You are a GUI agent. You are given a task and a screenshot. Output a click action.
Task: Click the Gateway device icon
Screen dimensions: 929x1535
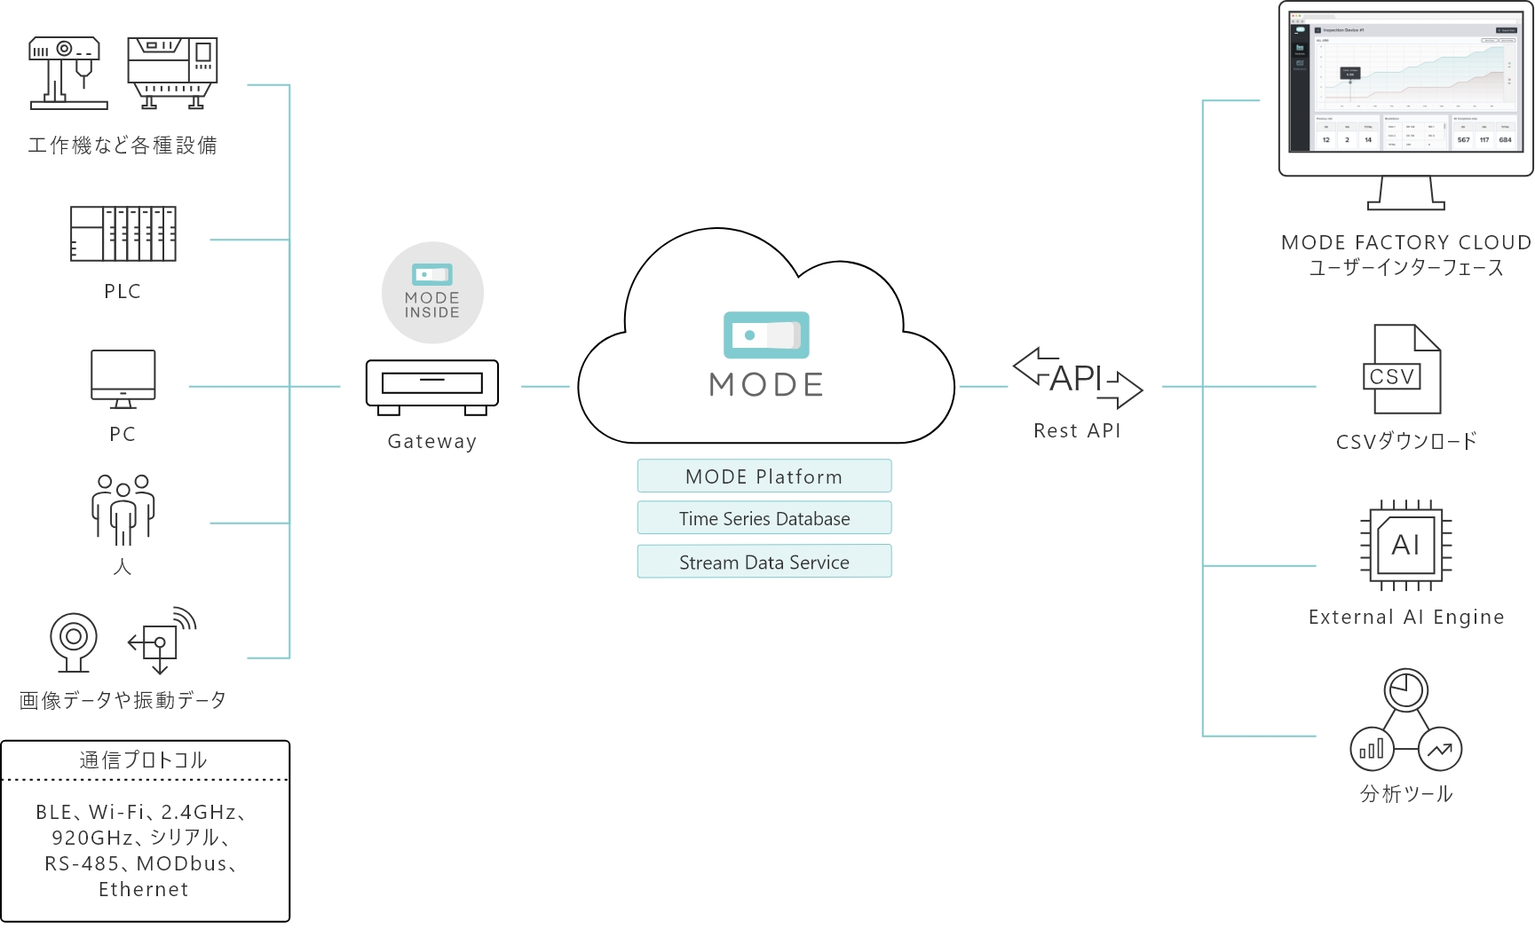(x=432, y=386)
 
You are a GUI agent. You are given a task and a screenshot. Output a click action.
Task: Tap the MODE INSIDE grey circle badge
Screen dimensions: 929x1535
(x=432, y=293)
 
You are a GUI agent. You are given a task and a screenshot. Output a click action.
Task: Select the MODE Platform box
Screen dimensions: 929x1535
(x=764, y=476)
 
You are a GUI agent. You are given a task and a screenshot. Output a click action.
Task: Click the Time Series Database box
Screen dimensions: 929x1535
(x=764, y=519)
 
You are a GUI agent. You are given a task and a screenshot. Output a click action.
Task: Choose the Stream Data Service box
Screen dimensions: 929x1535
(x=764, y=563)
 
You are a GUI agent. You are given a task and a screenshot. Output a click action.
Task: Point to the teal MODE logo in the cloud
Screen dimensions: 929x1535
(x=766, y=335)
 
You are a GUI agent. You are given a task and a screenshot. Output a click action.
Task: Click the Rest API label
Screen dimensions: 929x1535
(x=1077, y=431)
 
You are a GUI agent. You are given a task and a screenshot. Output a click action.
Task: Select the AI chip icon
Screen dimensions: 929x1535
(x=1406, y=545)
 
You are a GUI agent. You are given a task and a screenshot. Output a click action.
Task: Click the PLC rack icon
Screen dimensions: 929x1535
(x=123, y=234)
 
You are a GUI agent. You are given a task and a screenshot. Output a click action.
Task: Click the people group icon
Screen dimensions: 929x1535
(x=123, y=509)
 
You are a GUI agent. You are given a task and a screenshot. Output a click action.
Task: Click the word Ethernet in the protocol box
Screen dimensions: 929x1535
(x=144, y=890)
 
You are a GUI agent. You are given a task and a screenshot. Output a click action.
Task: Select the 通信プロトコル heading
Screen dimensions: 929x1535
(x=144, y=760)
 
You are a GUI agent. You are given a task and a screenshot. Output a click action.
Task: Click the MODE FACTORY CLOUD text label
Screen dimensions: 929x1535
(x=1406, y=242)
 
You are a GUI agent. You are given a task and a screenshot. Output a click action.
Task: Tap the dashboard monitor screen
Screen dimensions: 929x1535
(x=1406, y=86)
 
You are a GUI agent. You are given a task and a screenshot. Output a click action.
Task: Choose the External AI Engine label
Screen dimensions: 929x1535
(x=1406, y=618)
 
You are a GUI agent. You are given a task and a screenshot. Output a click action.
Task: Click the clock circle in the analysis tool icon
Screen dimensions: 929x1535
(x=1405, y=689)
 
